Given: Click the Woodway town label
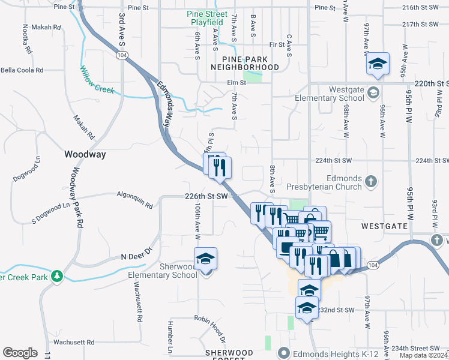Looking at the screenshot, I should click(85, 154).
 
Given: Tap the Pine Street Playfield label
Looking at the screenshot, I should click(207, 18).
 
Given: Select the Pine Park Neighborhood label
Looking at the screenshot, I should click(250, 63).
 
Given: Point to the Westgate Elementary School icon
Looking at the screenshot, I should click(373, 92).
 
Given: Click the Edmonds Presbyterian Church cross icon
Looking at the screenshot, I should click(372, 181).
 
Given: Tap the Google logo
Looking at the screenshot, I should click(20, 352).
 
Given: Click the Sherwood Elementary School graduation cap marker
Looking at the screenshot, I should click(206, 259).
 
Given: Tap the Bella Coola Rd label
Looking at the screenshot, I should click(22, 70).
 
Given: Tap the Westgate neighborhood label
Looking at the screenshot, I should click(385, 226).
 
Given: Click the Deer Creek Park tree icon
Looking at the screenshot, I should click(57, 277).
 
